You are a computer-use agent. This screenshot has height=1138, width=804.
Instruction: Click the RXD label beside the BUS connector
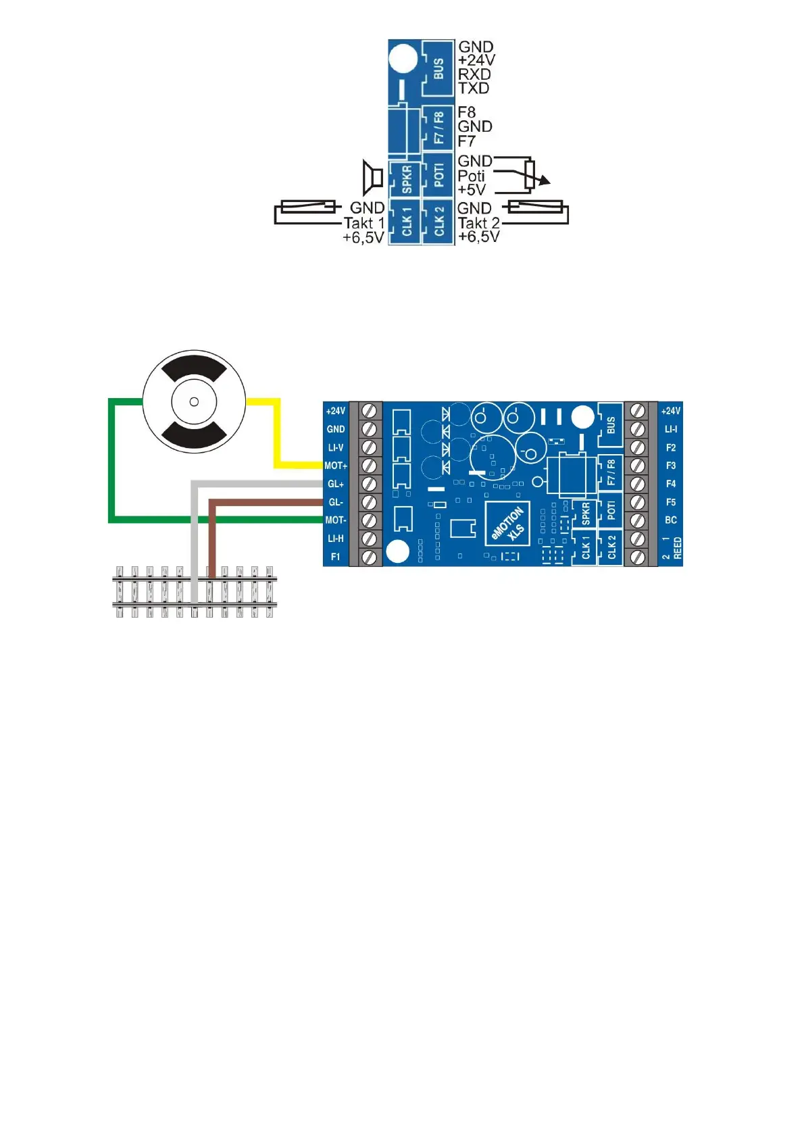click(x=474, y=74)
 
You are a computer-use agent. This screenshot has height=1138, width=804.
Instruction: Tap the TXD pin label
click(x=474, y=88)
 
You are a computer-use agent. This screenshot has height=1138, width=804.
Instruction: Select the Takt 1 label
click(x=364, y=223)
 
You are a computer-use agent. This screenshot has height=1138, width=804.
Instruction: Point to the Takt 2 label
click(x=479, y=223)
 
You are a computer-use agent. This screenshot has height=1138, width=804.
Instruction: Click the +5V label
click(x=472, y=190)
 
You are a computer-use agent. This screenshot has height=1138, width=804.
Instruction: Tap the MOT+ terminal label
click(x=336, y=466)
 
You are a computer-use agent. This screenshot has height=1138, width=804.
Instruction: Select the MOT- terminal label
click(x=336, y=520)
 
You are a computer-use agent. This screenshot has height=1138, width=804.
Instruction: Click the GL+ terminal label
click(x=336, y=484)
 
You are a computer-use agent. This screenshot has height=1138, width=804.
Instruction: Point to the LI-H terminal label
click(x=336, y=539)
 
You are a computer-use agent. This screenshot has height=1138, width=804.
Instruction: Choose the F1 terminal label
click(x=336, y=557)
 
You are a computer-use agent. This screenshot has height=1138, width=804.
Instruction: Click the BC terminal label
click(x=671, y=520)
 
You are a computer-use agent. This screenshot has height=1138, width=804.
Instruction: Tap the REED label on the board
click(x=678, y=549)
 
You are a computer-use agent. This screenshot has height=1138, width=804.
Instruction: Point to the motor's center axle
click(x=194, y=402)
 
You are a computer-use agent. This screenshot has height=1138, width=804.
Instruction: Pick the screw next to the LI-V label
click(x=370, y=447)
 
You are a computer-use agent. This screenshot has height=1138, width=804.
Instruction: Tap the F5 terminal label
click(x=671, y=502)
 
